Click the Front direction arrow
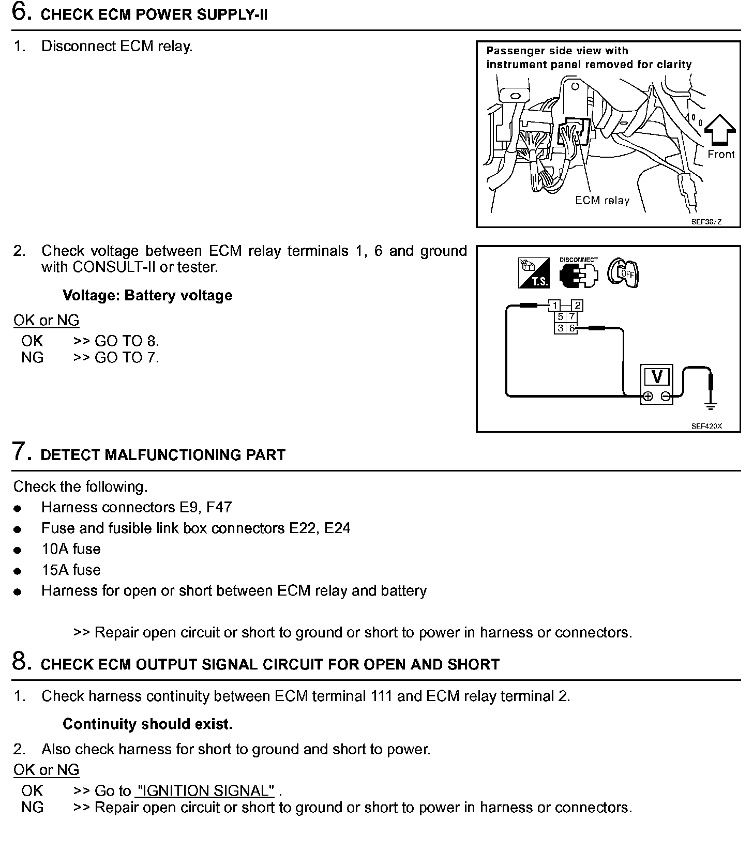click(720, 130)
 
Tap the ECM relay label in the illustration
click(602, 201)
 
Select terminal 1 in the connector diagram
click(554, 305)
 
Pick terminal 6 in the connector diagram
click(572, 328)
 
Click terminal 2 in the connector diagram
click(578, 305)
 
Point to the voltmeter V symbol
click(657, 376)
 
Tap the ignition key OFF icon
click(623, 272)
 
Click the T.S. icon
click(533, 273)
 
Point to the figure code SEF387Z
click(706, 222)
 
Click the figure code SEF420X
click(706, 427)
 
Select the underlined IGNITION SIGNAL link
click(205, 790)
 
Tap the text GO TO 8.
click(127, 341)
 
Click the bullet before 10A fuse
click(18, 551)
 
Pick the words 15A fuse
click(71, 570)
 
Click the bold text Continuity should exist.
click(147, 724)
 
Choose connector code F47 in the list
click(219, 507)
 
